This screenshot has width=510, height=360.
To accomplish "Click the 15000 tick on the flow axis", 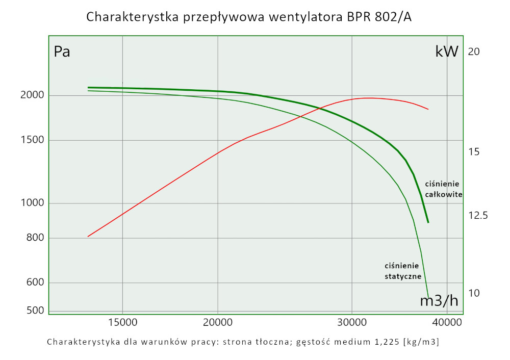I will click(x=122, y=322).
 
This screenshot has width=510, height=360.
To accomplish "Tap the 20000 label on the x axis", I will click(x=218, y=322).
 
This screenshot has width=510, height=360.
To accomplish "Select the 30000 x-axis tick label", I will click(x=352, y=322).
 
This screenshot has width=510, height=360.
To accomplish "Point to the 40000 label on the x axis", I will click(x=447, y=322).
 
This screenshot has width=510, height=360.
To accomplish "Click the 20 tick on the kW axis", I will click(x=474, y=52).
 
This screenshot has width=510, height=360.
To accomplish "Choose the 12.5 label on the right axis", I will click(x=478, y=216).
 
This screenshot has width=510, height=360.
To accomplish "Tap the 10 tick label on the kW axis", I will click(x=474, y=293).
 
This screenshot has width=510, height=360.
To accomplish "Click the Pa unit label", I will click(x=62, y=52).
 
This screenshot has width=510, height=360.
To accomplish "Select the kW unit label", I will click(x=447, y=52).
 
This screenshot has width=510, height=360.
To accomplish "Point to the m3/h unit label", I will click(x=439, y=301).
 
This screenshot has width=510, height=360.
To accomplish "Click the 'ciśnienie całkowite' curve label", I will click(x=443, y=189).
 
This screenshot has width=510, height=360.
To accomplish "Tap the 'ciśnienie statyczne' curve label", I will click(x=402, y=271).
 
